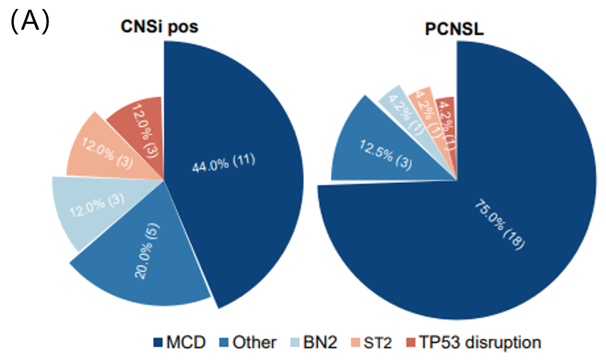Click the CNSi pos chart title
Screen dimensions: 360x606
(160, 27)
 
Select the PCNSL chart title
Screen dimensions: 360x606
(456, 29)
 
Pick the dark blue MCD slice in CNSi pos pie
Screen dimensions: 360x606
(240, 171)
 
